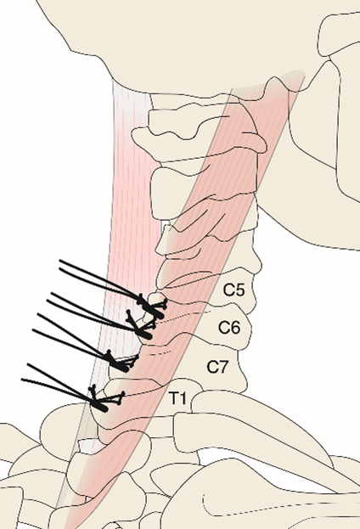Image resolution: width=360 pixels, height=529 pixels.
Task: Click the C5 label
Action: [233, 290]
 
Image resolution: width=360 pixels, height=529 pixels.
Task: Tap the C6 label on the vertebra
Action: [229, 327]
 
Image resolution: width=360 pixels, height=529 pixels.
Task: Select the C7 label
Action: [218, 367]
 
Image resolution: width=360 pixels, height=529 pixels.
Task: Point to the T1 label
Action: [177, 398]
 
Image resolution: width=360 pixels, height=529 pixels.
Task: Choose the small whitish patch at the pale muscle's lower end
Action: [89, 445]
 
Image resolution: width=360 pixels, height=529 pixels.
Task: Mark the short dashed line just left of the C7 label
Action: [160, 353]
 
